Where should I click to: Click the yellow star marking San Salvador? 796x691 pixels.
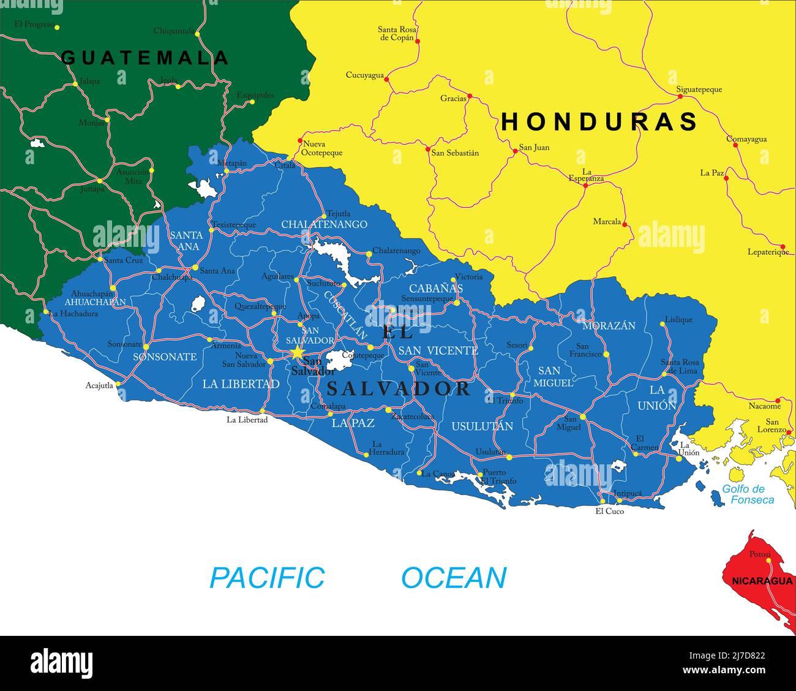pyautogui.click(x=297, y=352)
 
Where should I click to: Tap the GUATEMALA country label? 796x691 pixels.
pyautogui.click(x=145, y=58)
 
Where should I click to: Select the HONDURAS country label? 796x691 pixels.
pyautogui.click(x=599, y=122)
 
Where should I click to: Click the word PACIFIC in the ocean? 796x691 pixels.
pyautogui.click(x=267, y=578)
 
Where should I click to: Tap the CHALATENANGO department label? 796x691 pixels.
pyautogui.click(x=324, y=224)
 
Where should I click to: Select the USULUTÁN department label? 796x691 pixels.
pyautogui.click(x=482, y=426)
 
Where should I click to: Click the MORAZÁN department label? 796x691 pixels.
pyautogui.click(x=609, y=326)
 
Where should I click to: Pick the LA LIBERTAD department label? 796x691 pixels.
pyautogui.click(x=241, y=384)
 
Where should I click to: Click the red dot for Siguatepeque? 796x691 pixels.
pyautogui.click(x=680, y=96)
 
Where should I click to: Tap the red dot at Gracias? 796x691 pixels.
pyautogui.click(x=470, y=97)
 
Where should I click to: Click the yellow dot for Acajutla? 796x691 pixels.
pyautogui.click(x=118, y=384)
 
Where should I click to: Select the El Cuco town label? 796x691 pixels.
pyautogui.click(x=609, y=511)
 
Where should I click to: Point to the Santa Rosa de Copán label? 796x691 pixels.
pyautogui.click(x=396, y=33)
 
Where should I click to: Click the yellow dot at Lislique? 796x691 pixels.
pyautogui.click(x=663, y=324)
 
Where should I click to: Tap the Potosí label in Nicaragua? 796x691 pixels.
pyautogui.click(x=759, y=554)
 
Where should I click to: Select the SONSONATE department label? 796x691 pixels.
pyautogui.click(x=165, y=357)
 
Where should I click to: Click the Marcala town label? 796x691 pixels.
pyautogui.click(x=607, y=222)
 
